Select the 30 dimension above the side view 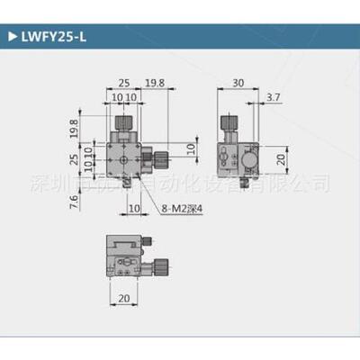[x=238, y=85]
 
